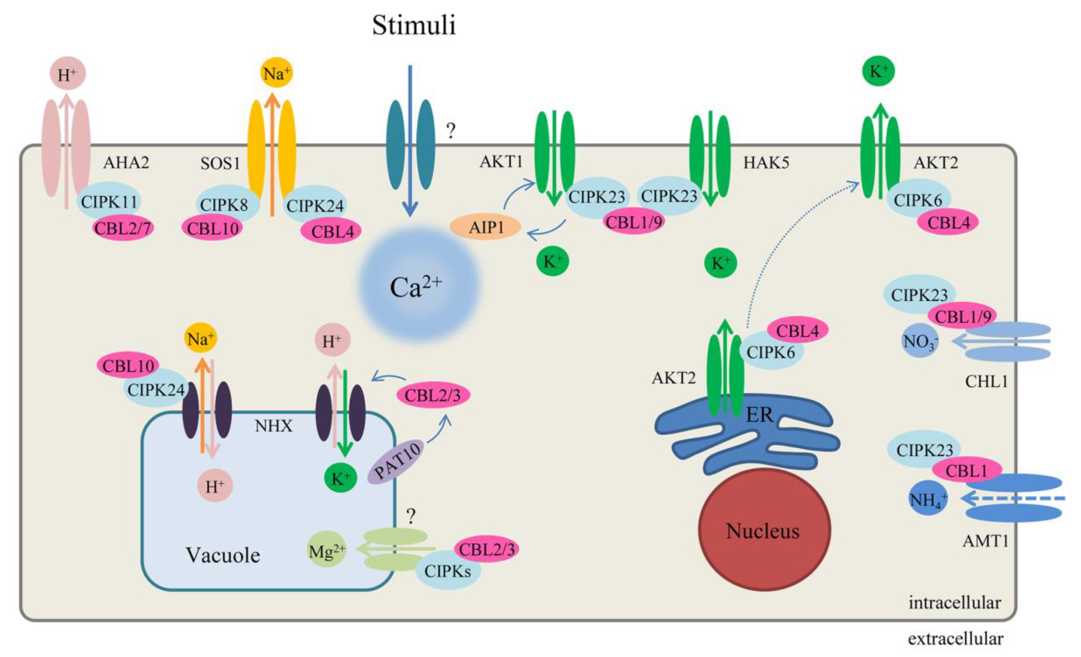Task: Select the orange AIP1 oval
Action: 486,227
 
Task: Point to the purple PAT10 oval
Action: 396,462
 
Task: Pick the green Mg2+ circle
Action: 327,550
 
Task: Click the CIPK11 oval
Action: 109,202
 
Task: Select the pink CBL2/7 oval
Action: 123,228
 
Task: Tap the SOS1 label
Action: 220,163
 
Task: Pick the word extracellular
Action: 955,639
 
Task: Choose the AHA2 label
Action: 126,163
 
